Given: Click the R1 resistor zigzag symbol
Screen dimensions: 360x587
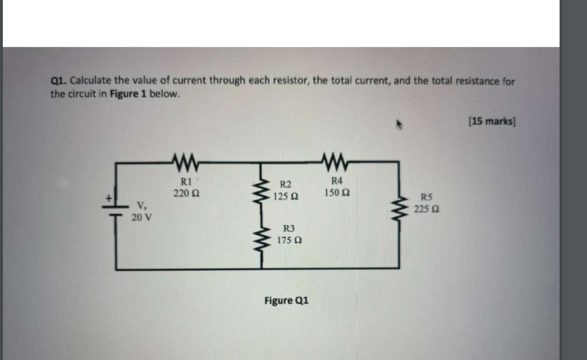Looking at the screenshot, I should tap(185, 166).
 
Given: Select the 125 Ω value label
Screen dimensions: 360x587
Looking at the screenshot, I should tap(285, 197).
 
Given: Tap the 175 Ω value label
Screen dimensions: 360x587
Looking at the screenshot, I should tap(289, 240).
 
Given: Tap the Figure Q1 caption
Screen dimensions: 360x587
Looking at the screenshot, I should tap(286, 300).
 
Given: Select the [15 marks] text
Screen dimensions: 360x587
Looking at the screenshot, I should tap(492, 121).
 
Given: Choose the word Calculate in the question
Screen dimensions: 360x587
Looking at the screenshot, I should tap(93, 81).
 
